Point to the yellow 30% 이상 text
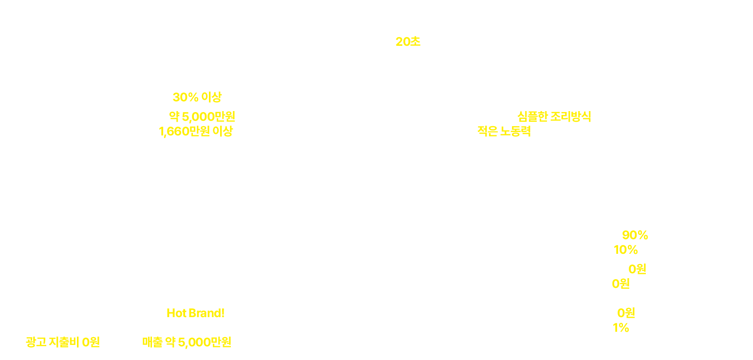point(197,97)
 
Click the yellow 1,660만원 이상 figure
point(196,131)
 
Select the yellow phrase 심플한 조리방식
point(554,116)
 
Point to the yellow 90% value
point(635,235)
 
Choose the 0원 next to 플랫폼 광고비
point(637,269)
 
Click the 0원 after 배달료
point(621,284)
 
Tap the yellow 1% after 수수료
point(621,327)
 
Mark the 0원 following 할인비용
point(626,313)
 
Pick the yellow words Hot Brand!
point(195,312)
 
